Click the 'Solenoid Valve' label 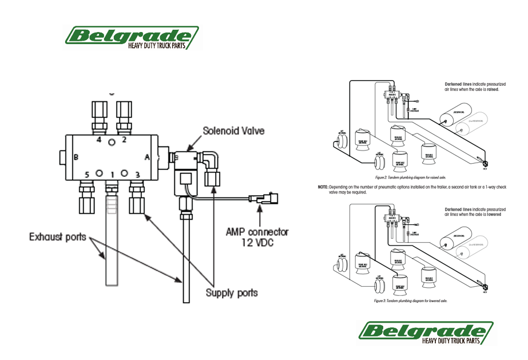[233, 130]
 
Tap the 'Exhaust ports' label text [58, 236]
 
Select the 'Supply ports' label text [232, 292]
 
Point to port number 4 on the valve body [98, 139]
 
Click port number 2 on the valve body [124, 139]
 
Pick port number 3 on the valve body [137, 173]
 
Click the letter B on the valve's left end [75, 157]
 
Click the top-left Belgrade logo [132, 38]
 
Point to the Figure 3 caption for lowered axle [410, 300]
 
